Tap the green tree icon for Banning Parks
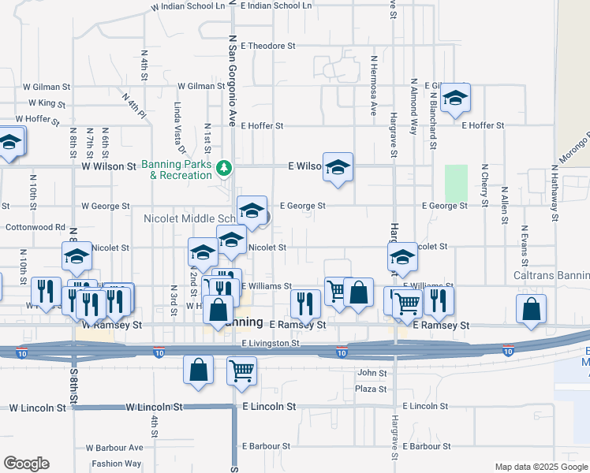tap(225, 167)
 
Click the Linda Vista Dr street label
tap(180, 126)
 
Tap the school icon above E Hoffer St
tap(455, 99)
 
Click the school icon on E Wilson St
tap(338, 167)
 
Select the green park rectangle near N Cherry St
tap(455, 183)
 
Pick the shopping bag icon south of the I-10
tap(199, 369)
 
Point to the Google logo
tap(26, 464)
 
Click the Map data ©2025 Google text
tap(540, 467)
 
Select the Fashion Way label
tap(116, 464)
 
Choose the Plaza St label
tap(369, 389)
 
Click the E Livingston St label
tap(271, 344)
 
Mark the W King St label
tap(46, 103)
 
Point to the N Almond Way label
tap(413, 106)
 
